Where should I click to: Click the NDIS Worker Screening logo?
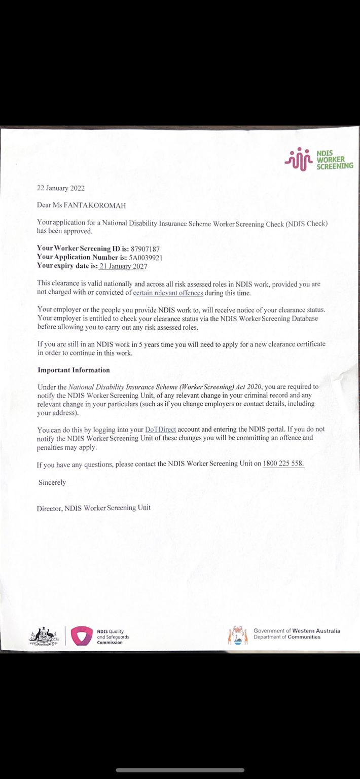tap(318, 159)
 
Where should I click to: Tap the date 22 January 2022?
tap(61, 188)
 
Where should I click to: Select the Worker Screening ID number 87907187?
tap(146, 249)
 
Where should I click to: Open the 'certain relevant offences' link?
tap(168, 293)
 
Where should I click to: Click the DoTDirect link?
tap(160, 429)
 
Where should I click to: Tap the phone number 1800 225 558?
tap(283, 464)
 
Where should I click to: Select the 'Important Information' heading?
tap(74, 370)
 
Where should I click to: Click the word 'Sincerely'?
tap(52, 482)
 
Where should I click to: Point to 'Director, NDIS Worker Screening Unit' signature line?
tap(94, 507)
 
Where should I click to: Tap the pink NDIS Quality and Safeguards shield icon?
tap(81, 635)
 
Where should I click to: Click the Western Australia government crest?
tap(238, 635)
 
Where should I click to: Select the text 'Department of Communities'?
tap(287, 637)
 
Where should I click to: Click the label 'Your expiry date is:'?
tap(67, 266)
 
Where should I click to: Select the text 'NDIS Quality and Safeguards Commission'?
tap(113, 636)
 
